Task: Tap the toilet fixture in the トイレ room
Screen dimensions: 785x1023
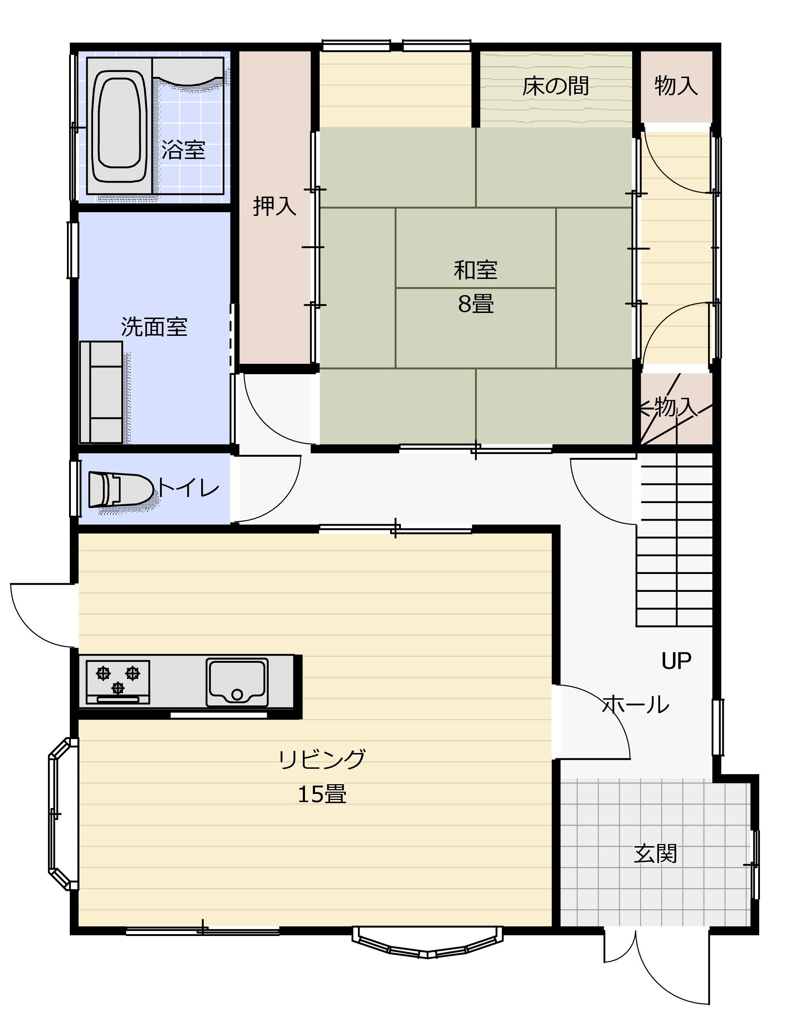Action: pos(121,489)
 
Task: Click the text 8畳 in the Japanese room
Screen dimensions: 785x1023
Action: pos(476,304)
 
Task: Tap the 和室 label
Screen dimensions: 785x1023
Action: pos(476,270)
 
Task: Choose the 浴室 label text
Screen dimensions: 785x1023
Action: pos(184,150)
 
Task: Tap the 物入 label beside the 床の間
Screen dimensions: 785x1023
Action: pos(676,86)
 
